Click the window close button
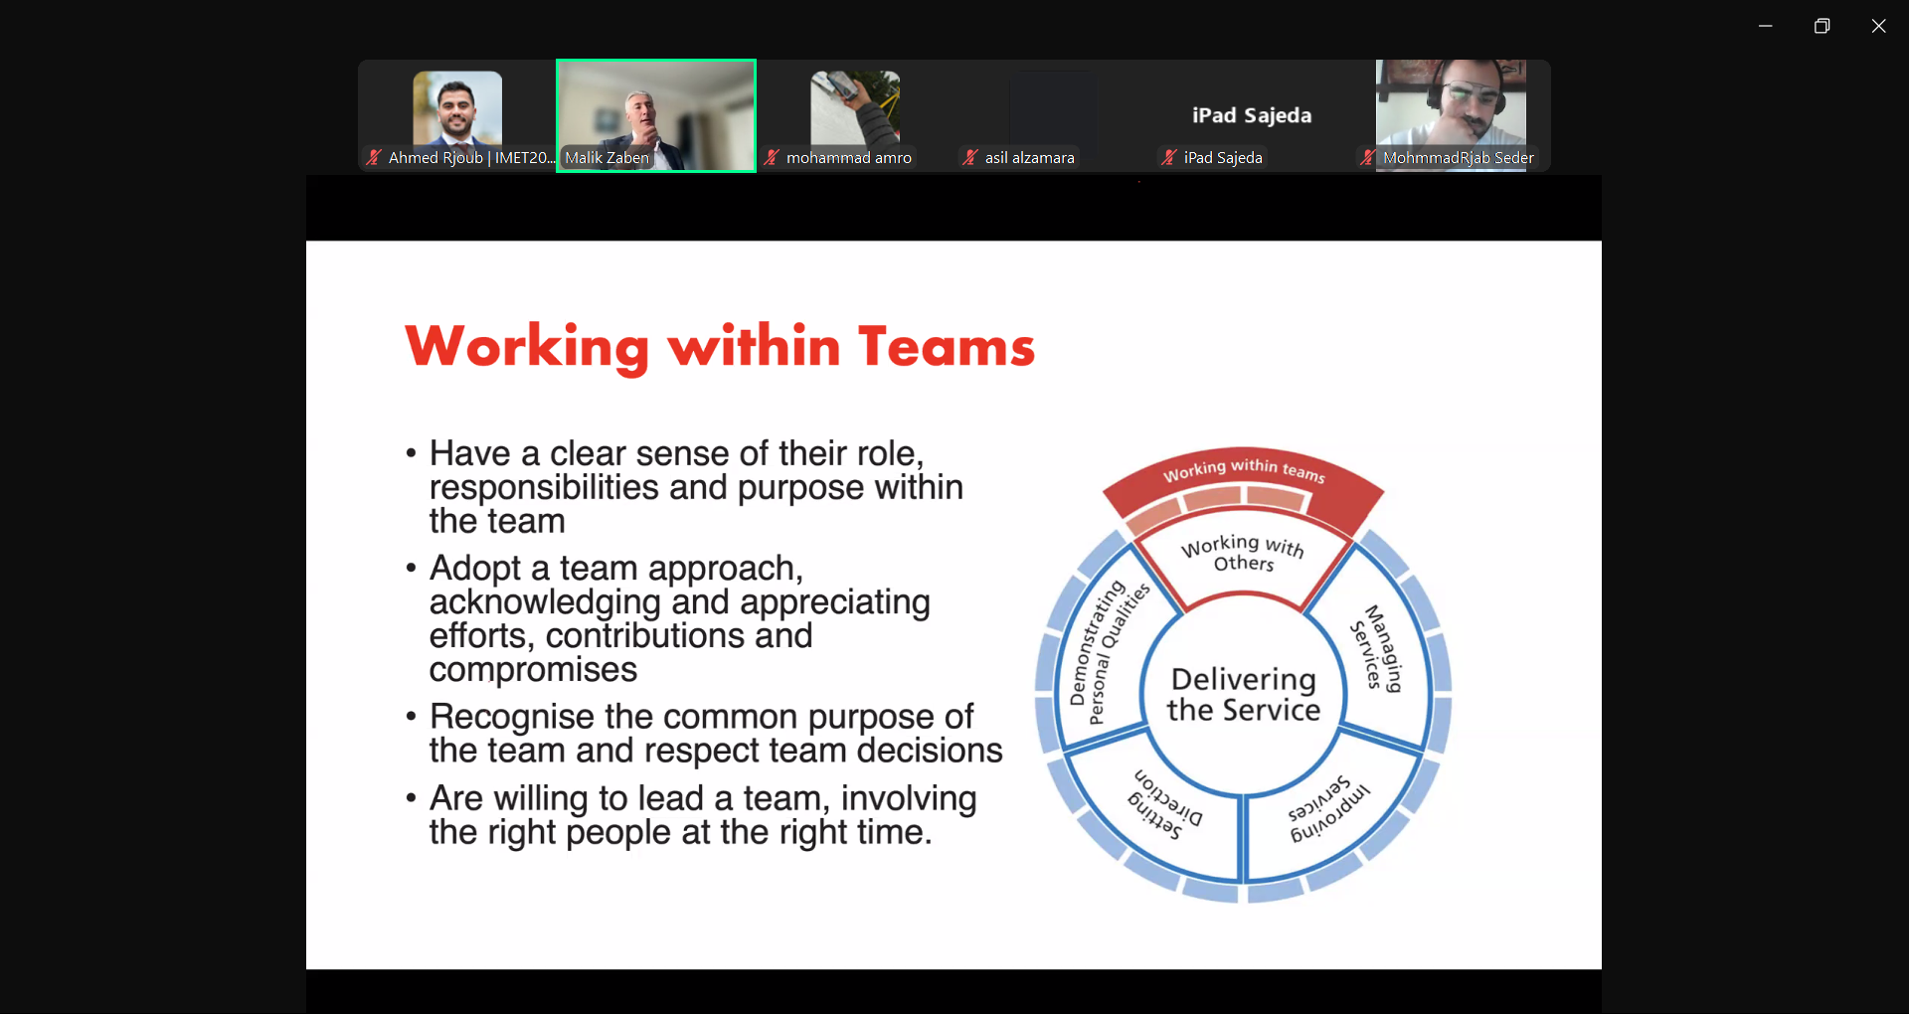point(1878,26)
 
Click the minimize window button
point(1765,26)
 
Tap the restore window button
point(1822,26)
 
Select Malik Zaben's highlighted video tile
point(656,115)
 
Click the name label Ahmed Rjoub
point(435,158)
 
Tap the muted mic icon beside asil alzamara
point(970,158)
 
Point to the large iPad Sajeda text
point(1252,115)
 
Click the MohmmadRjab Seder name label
point(1459,158)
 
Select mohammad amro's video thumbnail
point(855,107)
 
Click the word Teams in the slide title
point(947,347)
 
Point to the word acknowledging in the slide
point(545,602)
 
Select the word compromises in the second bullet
point(533,670)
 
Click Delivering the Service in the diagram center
point(1243,694)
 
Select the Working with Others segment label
point(1243,553)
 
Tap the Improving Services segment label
point(1328,809)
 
